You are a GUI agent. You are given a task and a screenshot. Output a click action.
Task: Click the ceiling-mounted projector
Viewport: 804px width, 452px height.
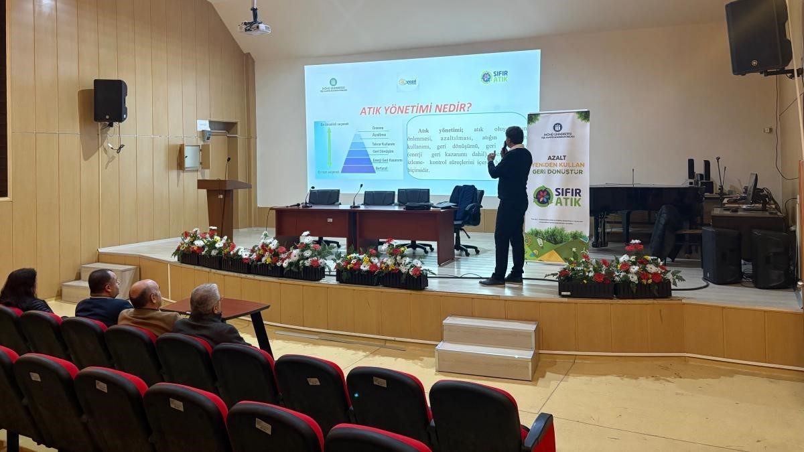pyautogui.click(x=255, y=27)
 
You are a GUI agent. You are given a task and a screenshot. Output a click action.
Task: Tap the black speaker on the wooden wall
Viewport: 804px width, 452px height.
pyautogui.click(x=110, y=100)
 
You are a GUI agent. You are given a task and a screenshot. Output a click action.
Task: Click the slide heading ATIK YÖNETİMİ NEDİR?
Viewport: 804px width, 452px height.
pyautogui.click(x=415, y=108)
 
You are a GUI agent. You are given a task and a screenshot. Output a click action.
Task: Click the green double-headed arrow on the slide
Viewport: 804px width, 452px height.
pyautogui.click(x=329, y=147)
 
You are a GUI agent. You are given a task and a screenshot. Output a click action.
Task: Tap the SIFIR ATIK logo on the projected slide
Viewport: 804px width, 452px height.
pyautogui.click(x=494, y=77)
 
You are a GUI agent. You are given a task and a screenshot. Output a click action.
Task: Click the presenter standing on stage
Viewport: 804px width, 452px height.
pyautogui.click(x=511, y=201)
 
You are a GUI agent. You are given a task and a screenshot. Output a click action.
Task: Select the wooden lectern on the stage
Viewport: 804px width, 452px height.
pyautogui.click(x=223, y=204)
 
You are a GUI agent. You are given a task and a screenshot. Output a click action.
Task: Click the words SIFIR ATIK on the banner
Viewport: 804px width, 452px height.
pyautogui.click(x=557, y=196)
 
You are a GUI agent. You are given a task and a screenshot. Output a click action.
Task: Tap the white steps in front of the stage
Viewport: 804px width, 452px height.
pyautogui.click(x=486, y=347)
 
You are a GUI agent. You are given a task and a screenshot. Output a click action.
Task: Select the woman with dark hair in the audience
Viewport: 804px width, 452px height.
pyautogui.click(x=23, y=290)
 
